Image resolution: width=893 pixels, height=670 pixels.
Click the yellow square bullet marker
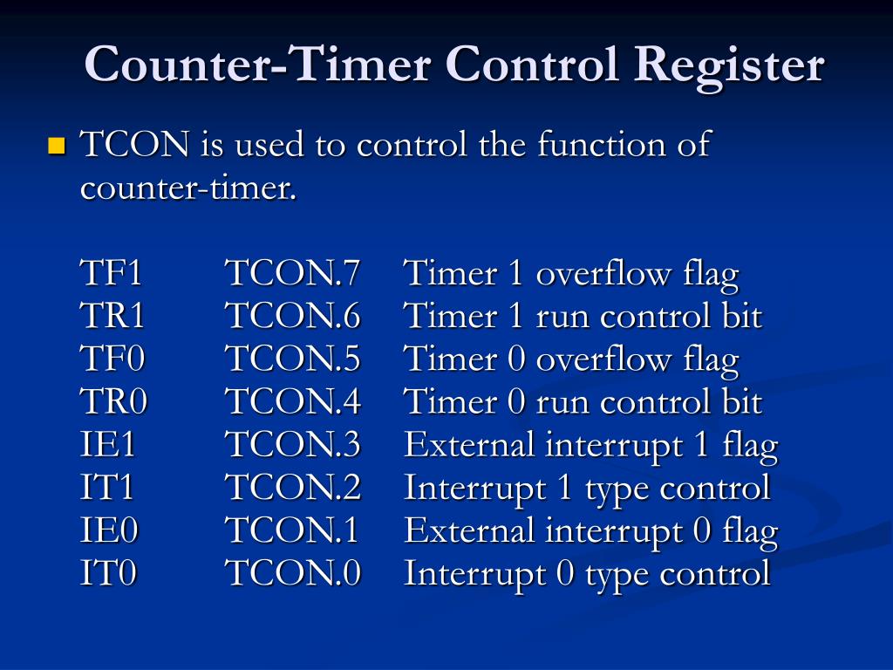tap(58, 145)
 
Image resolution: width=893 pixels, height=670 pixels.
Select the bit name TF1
tap(111, 274)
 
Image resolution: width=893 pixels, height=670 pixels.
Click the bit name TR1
tap(112, 317)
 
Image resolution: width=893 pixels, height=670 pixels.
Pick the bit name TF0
tap(112, 359)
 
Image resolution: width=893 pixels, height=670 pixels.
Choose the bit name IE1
tap(108, 446)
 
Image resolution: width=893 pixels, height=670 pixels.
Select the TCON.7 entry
tap(293, 274)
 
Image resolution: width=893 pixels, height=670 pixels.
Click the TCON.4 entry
tap(293, 402)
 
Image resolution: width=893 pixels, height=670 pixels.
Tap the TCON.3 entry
tap(293, 446)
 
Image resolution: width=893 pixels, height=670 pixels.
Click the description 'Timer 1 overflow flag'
tap(571, 274)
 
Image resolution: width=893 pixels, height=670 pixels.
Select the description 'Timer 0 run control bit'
tap(583, 402)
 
